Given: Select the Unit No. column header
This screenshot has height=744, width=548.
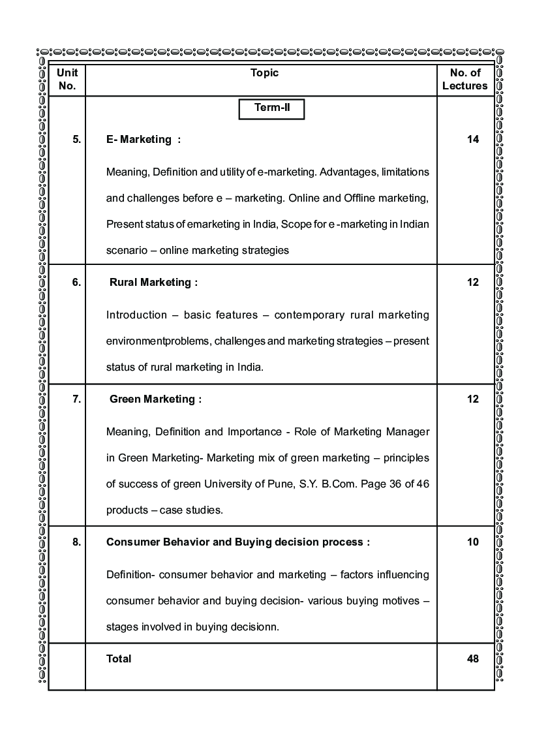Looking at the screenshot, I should pos(67,79).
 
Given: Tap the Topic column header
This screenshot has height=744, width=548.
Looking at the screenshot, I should pos(264,73).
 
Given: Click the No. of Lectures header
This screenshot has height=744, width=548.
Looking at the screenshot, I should pos(465,79).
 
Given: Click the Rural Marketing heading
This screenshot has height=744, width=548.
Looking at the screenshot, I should pos(153,283).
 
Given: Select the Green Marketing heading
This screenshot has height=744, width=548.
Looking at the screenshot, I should pos(155,399).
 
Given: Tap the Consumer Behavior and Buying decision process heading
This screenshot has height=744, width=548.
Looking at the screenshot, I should pos(238,542).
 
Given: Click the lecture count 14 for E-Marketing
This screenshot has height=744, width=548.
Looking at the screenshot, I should pos(473,139).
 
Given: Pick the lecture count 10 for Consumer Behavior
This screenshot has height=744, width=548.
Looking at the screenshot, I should pos(473,542).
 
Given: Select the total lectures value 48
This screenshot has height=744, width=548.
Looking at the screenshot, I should pos(473,659).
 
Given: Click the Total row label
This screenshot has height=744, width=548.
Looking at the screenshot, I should pos(119,659).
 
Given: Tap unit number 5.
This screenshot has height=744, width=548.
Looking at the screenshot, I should pos(77,139).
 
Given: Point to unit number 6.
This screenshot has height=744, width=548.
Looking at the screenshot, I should pos(77,283).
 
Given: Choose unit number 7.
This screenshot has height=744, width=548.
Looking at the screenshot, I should pos(77,399).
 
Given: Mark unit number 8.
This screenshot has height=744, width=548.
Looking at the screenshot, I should pos(77,542).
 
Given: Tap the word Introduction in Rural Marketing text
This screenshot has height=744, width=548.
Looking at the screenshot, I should pos(136,315).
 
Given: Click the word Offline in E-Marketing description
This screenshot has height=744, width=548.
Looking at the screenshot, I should pos(356,198).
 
